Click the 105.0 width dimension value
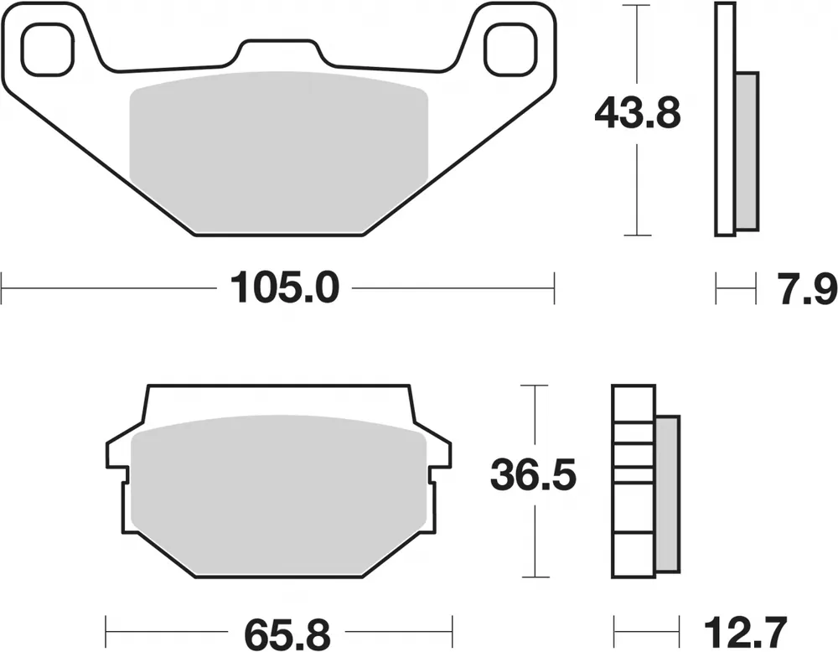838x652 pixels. pyautogui.click(x=281, y=290)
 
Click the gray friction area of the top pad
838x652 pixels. pyautogui.click(x=279, y=151)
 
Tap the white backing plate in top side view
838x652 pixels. pyautogui.click(x=725, y=117)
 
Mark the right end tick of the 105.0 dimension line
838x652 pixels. pyautogui.click(x=554, y=290)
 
